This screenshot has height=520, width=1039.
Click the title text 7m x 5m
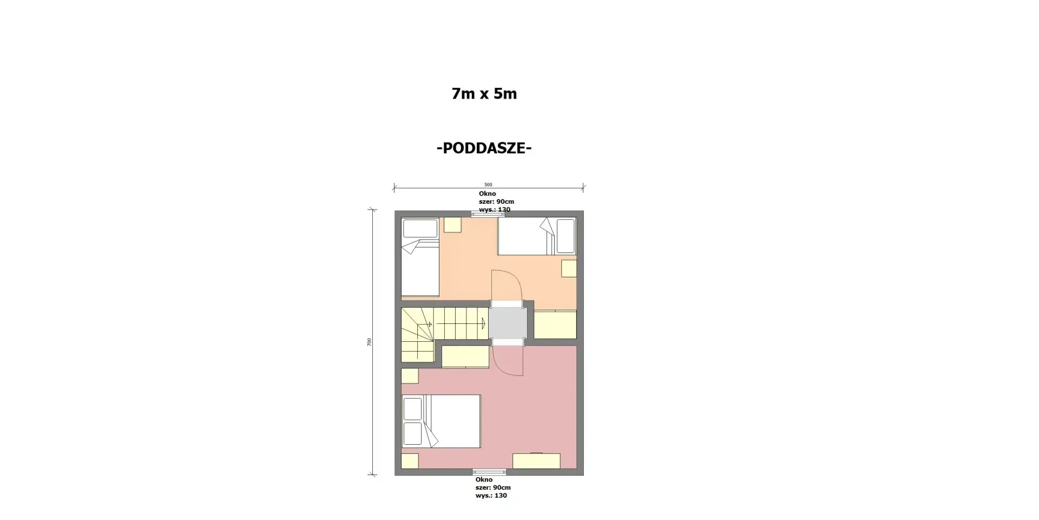point(484,94)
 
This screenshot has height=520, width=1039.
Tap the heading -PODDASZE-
point(484,148)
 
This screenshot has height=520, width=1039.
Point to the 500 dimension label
point(488,185)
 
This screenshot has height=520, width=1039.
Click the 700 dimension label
point(370,342)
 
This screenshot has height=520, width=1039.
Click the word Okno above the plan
point(487,193)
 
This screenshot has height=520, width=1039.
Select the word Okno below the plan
point(484,479)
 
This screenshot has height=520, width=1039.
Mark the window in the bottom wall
point(489,472)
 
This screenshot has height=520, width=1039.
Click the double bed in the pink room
point(441,421)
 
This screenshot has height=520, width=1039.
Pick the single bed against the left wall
point(420,257)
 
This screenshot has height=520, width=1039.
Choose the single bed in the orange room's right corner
point(536,236)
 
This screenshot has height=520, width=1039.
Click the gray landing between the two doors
point(508,323)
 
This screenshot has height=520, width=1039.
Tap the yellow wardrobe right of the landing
point(555,324)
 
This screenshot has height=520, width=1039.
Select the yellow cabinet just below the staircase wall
point(465,356)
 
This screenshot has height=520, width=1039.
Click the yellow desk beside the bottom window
point(536,461)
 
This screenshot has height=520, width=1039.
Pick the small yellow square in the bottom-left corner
point(410,461)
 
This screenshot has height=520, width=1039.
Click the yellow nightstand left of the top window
point(452,225)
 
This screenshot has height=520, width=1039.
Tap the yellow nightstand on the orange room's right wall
point(569,269)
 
